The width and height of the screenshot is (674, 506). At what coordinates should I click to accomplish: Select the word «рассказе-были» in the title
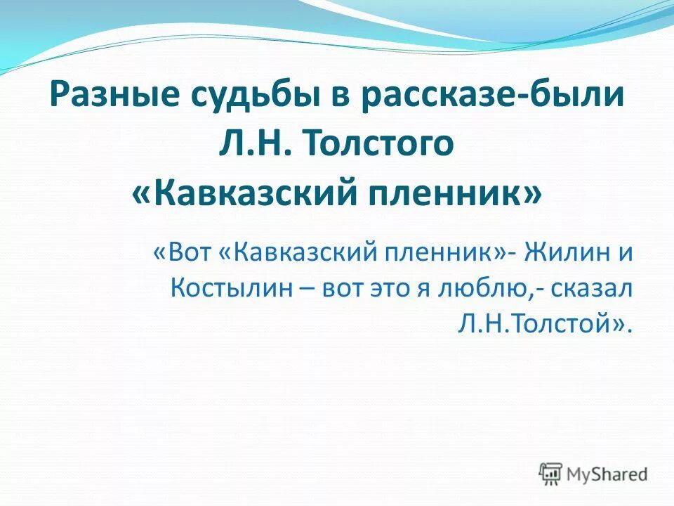[x=492, y=95]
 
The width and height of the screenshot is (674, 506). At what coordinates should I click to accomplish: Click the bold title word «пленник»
[x=460, y=191]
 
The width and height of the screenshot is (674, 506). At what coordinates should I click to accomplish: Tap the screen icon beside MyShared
[x=551, y=473]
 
